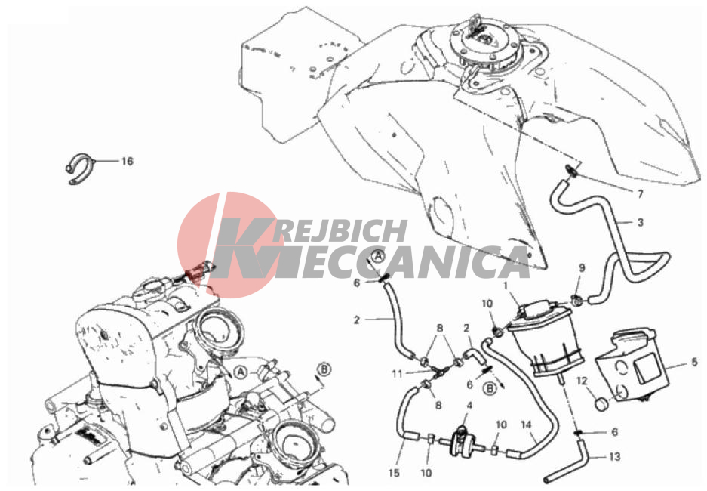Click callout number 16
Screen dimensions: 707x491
(128, 161)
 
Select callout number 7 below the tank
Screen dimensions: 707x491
(640, 194)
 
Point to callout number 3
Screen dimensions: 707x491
(640, 222)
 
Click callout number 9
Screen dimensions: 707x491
(582, 268)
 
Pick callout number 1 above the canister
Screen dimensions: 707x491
(506, 286)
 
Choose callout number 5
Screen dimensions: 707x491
(694, 362)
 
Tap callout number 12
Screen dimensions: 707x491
(582, 381)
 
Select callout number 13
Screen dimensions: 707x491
(614, 457)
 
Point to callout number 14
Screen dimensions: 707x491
(526, 425)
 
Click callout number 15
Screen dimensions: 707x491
(394, 473)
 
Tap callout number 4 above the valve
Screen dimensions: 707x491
(469, 406)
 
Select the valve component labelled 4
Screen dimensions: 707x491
(463, 440)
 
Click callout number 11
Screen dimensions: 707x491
(397, 374)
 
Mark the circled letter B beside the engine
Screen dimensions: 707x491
(324, 369)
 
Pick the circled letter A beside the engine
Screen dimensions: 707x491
(241, 372)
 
